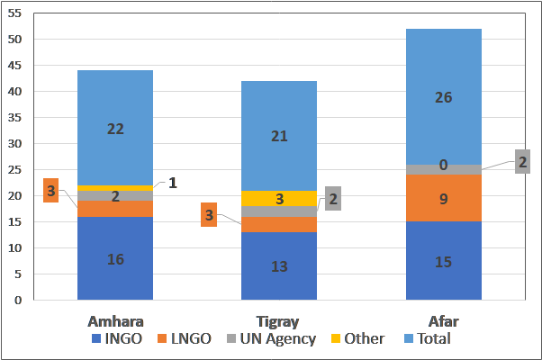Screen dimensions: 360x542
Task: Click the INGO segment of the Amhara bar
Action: click(114, 258)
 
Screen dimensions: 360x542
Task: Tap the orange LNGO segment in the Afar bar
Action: click(444, 197)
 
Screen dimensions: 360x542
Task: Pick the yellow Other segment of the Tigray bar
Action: click(279, 198)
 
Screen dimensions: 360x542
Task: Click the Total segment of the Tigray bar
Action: click(279, 135)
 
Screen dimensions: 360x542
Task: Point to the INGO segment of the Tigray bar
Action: click(279, 265)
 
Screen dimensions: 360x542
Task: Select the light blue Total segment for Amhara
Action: click(114, 128)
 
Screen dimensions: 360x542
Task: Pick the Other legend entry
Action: click(360, 339)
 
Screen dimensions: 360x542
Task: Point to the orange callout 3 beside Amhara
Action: click(51, 191)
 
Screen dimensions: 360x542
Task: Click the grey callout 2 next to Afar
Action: click(522, 161)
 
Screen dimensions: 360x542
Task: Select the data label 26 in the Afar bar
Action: click(444, 97)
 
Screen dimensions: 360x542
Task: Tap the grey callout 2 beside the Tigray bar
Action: click(332, 199)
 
